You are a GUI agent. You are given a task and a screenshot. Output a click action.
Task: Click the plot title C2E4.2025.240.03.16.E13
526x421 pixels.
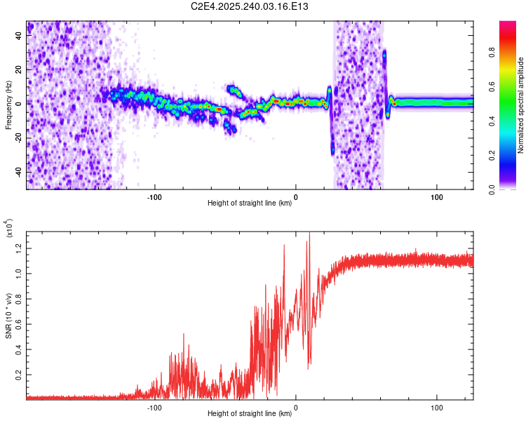[249, 6]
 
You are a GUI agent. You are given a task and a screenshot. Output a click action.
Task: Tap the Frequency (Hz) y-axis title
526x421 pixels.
[8, 105]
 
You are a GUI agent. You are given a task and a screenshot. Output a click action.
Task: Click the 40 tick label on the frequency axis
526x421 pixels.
[19, 35]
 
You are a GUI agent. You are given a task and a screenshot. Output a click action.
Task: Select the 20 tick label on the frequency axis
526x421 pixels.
[19, 69]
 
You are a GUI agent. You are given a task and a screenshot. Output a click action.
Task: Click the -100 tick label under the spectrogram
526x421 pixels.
[154, 197]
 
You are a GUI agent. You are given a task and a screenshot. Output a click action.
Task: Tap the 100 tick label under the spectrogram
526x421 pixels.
[437, 197]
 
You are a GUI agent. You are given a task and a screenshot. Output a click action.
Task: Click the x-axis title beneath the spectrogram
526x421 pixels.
[250, 203]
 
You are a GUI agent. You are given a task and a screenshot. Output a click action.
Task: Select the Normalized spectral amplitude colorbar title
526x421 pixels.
[520, 105]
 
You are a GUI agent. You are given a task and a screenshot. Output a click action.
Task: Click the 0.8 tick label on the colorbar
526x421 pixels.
[492, 53]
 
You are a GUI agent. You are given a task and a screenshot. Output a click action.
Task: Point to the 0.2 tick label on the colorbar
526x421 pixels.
[492, 156]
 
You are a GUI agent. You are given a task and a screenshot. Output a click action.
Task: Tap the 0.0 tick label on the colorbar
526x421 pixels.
[492, 189]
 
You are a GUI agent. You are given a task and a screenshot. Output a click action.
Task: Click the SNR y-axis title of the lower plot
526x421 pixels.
[8, 316]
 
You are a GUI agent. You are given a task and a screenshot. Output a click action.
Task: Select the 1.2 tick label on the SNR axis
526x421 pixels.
[19, 248]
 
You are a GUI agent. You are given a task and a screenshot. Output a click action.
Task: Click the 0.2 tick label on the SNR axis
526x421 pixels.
[19, 375]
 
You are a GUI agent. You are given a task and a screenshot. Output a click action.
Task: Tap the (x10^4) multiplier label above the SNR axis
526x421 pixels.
[9, 228]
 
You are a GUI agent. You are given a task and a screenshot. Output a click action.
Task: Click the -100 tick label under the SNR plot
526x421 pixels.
[154, 408]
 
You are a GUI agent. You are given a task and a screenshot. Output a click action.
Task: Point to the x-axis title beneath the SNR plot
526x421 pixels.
[250, 413]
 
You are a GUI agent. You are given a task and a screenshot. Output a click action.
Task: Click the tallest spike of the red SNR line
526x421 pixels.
[309, 232]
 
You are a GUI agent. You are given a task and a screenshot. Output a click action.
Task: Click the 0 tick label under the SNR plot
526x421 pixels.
[295, 408]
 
